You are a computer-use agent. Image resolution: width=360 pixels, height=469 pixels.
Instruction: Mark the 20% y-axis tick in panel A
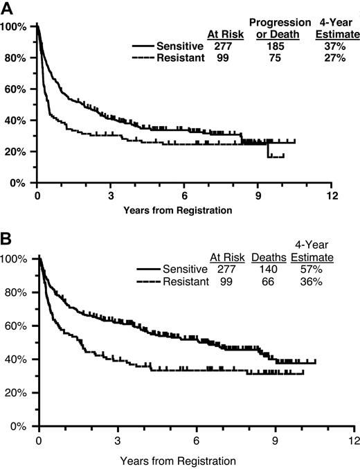tap(16, 152)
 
